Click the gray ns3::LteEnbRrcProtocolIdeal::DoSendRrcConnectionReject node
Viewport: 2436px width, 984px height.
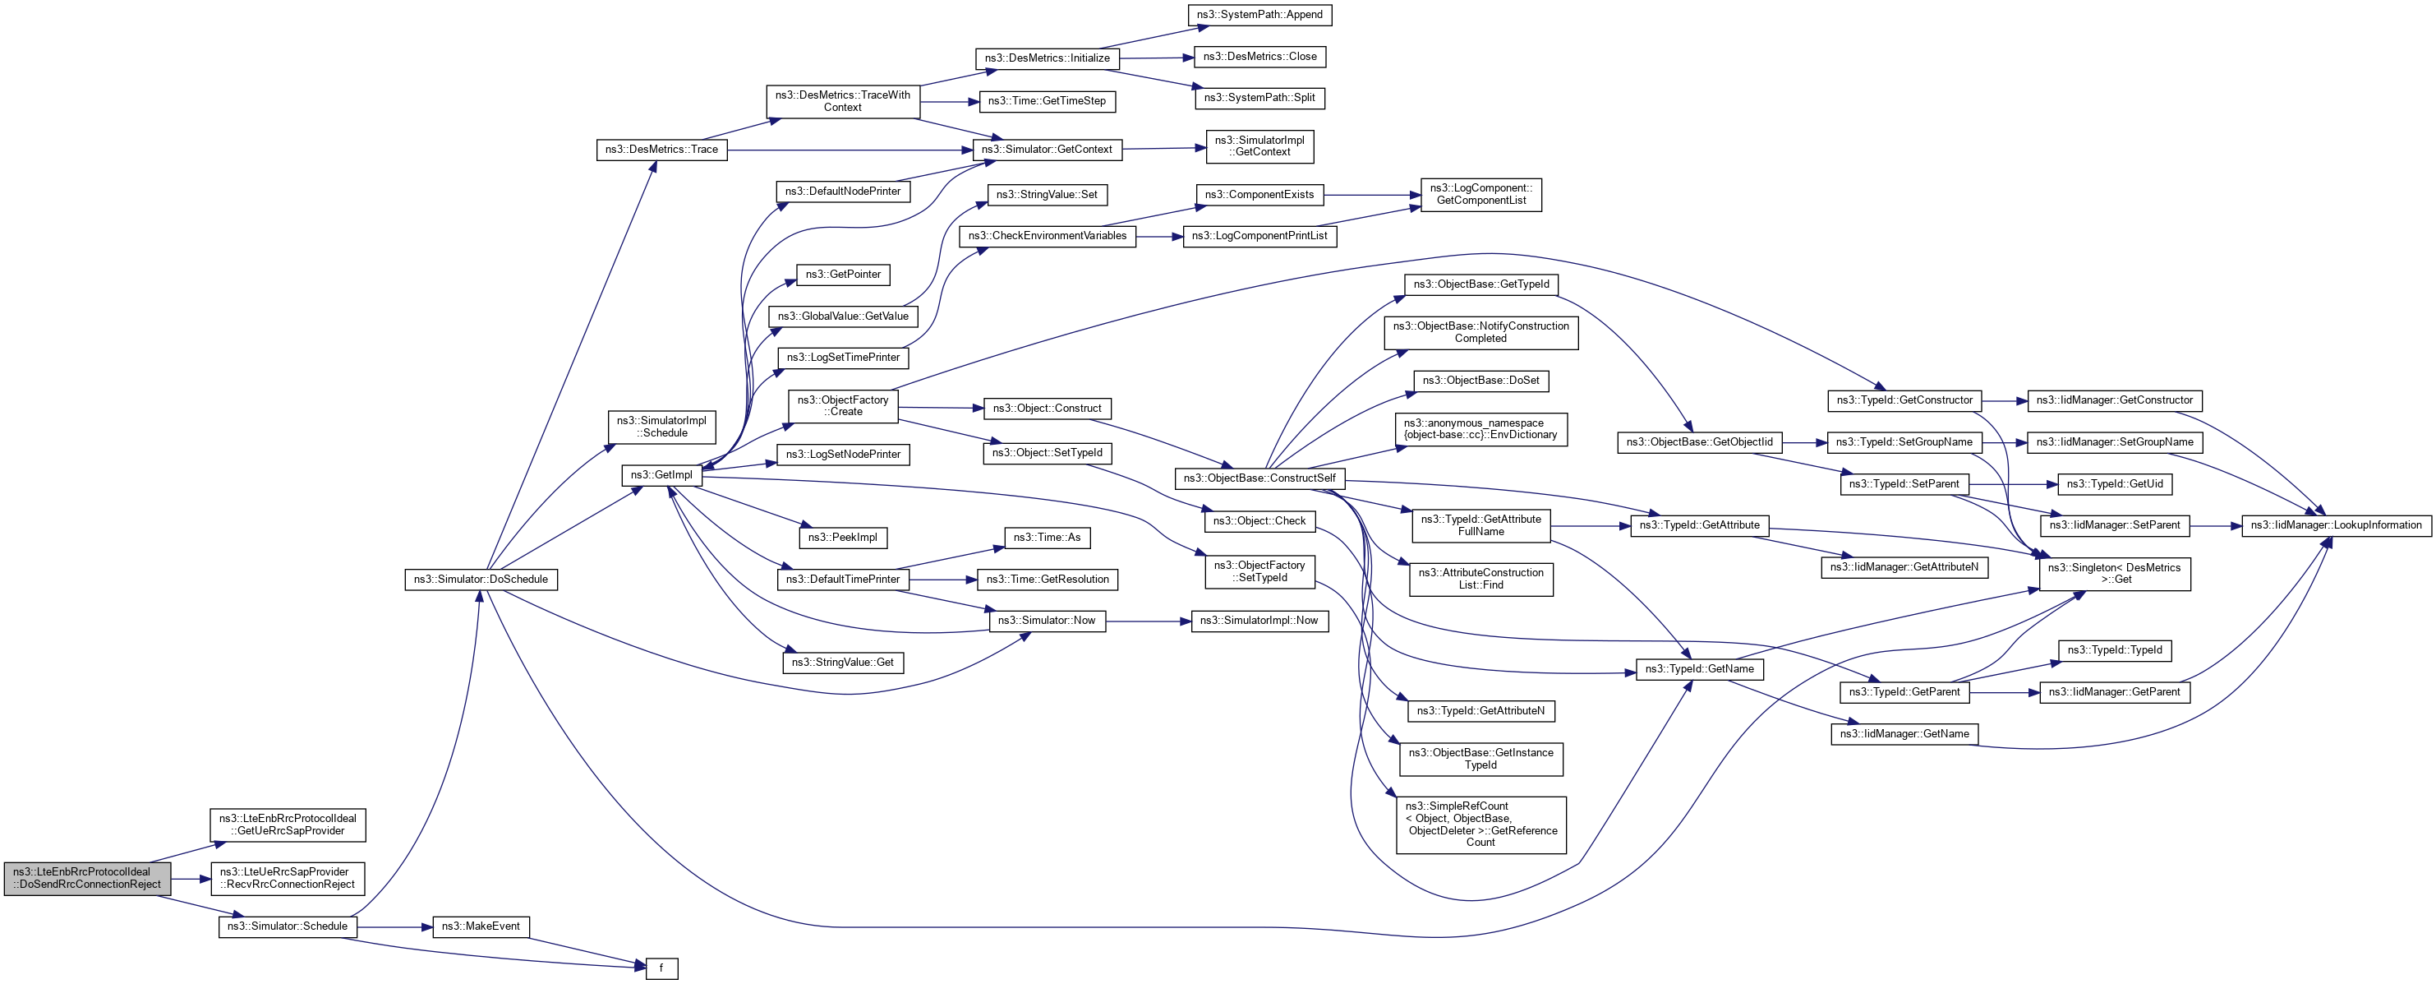click(x=87, y=878)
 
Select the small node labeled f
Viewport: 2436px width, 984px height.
click(x=662, y=968)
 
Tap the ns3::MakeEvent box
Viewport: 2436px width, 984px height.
click(x=481, y=926)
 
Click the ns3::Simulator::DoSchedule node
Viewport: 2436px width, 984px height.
click(x=481, y=579)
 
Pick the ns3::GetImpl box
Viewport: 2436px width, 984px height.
click(x=661, y=475)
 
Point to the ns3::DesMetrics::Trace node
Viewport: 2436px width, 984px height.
click(x=661, y=150)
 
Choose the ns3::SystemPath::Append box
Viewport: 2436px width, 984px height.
click(x=1259, y=15)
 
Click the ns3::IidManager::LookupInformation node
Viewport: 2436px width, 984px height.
click(x=2335, y=525)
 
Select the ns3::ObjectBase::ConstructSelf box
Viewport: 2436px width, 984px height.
click(x=1259, y=478)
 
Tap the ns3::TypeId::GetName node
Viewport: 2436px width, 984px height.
click(x=1698, y=669)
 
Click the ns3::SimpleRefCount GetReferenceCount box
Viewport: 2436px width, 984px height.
click(x=1480, y=824)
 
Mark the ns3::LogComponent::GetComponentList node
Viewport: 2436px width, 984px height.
click(x=1480, y=194)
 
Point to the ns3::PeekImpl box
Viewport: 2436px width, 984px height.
click(x=843, y=538)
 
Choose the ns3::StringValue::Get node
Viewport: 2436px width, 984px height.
click(x=843, y=663)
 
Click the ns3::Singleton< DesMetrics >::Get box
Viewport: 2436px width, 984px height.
click(x=2114, y=573)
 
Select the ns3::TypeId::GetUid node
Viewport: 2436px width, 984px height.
click(x=2114, y=483)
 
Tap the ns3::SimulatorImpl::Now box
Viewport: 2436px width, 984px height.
click(x=1259, y=621)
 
